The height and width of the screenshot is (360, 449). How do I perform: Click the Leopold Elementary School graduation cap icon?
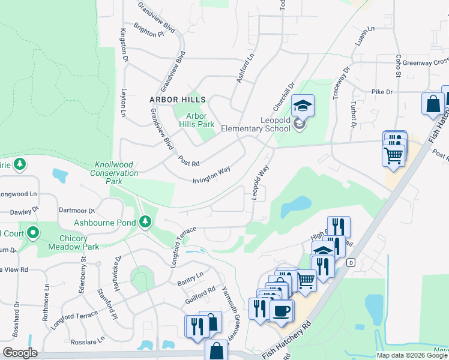(x=303, y=106)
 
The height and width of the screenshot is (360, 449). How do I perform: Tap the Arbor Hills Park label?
(x=196, y=120)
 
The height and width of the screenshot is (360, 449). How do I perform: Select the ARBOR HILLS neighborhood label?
(x=178, y=100)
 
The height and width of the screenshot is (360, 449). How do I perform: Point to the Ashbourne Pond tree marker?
(x=145, y=223)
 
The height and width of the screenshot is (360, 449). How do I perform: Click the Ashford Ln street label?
(x=245, y=68)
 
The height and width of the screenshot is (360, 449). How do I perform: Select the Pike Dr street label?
(x=381, y=92)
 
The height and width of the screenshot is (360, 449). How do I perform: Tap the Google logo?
(x=19, y=353)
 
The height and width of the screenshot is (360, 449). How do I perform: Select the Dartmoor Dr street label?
(x=77, y=211)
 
